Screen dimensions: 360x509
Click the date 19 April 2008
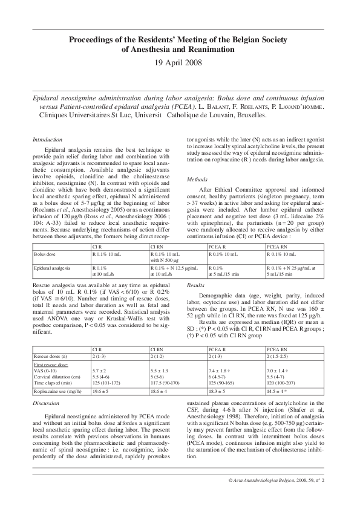(179, 62)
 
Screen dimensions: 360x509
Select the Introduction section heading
(47, 139)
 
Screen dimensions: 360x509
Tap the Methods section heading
(197, 180)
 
